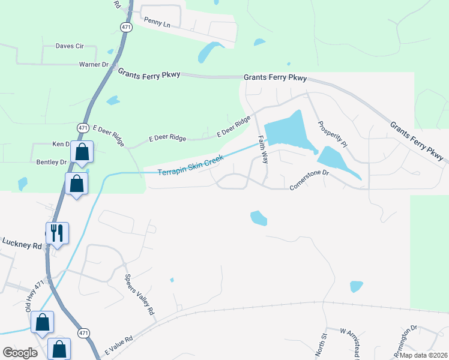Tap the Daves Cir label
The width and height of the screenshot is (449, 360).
click(69, 46)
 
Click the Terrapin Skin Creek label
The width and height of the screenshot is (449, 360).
click(190, 166)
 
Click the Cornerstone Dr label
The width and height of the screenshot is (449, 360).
click(310, 179)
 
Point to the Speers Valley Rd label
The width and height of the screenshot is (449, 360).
click(139, 295)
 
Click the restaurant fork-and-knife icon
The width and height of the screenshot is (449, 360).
click(58, 232)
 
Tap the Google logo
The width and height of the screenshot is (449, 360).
click(20, 353)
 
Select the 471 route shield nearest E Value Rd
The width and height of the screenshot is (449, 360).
click(83, 332)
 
